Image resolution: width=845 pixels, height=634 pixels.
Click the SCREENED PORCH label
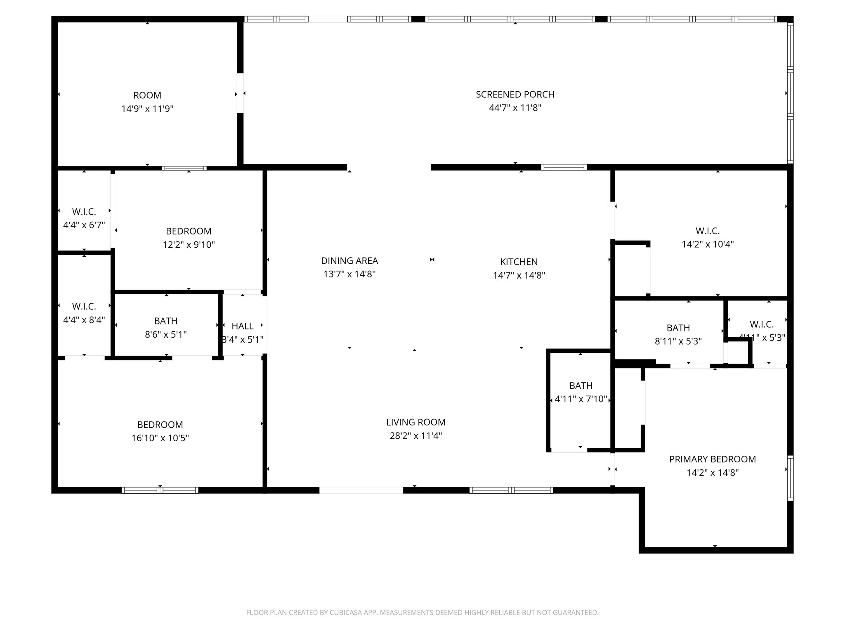click(x=515, y=95)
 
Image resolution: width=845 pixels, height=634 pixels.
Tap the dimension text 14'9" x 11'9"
click(x=147, y=109)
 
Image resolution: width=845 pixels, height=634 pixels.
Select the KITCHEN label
click(x=519, y=262)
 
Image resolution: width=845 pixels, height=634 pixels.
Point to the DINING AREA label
click(x=349, y=261)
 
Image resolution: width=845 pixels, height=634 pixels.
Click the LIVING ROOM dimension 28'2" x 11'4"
click(x=415, y=436)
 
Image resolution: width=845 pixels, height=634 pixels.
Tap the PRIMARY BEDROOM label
click(x=712, y=459)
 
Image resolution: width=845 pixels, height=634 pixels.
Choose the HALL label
click(x=243, y=326)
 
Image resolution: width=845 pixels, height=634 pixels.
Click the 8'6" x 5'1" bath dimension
click(x=166, y=334)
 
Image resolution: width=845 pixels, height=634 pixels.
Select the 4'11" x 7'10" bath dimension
click(x=581, y=399)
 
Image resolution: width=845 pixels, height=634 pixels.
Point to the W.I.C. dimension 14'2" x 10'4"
click(x=708, y=244)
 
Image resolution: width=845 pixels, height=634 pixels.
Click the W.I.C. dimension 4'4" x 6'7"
click(x=84, y=225)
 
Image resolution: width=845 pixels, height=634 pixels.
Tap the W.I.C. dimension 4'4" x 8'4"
click(x=84, y=320)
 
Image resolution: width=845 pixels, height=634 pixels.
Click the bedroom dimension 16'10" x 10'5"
click(x=160, y=438)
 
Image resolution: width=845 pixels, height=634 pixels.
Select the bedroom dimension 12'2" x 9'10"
click(x=189, y=245)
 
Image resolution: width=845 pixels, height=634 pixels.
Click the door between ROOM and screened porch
click(x=240, y=93)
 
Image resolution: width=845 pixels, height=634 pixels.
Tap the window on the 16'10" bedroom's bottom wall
click(x=160, y=490)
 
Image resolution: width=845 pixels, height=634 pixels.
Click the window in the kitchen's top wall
click(x=564, y=167)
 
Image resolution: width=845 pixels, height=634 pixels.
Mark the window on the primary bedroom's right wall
click(x=790, y=478)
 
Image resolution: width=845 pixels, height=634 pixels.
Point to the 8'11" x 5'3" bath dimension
click(x=678, y=342)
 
